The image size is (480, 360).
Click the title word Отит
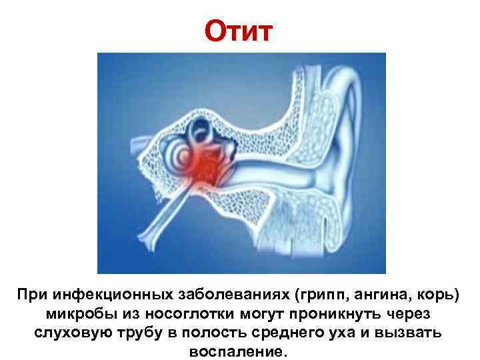(238, 31)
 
